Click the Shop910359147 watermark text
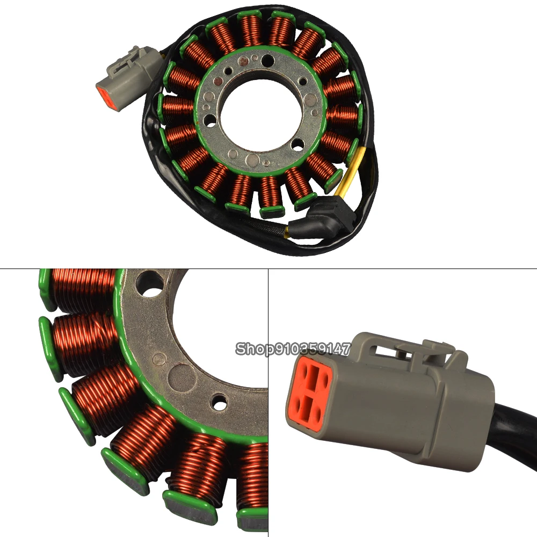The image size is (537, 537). point(293,349)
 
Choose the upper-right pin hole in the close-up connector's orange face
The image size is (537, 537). point(324,378)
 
